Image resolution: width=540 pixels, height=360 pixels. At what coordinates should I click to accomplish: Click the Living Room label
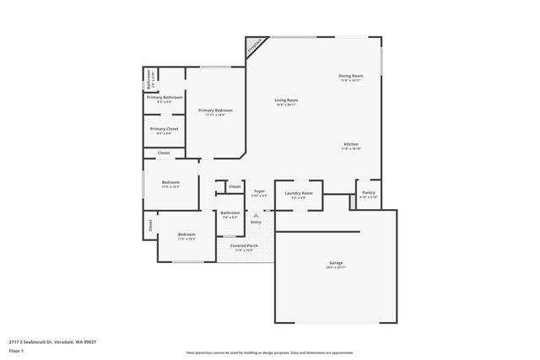(286, 100)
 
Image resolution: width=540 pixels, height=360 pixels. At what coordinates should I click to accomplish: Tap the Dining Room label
(350, 76)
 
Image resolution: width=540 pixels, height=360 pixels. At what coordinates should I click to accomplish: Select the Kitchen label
(351, 143)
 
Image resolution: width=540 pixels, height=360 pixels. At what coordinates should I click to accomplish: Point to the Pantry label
(369, 192)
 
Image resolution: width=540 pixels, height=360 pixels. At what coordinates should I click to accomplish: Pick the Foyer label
(260, 191)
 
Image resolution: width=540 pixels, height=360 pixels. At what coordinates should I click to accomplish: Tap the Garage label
(336, 263)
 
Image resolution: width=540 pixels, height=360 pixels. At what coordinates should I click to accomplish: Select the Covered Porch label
(244, 245)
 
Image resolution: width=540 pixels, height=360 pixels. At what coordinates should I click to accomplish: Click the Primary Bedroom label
(215, 110)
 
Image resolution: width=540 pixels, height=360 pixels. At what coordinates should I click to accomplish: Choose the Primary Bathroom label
(165, 97)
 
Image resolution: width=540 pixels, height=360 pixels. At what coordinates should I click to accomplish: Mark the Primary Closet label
(165, 129)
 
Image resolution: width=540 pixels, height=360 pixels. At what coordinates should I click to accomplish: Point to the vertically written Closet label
(151, 225)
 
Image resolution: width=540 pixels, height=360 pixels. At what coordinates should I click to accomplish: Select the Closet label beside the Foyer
(234, 186)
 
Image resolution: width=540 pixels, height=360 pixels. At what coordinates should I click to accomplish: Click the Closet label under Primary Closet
(164, 153)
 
